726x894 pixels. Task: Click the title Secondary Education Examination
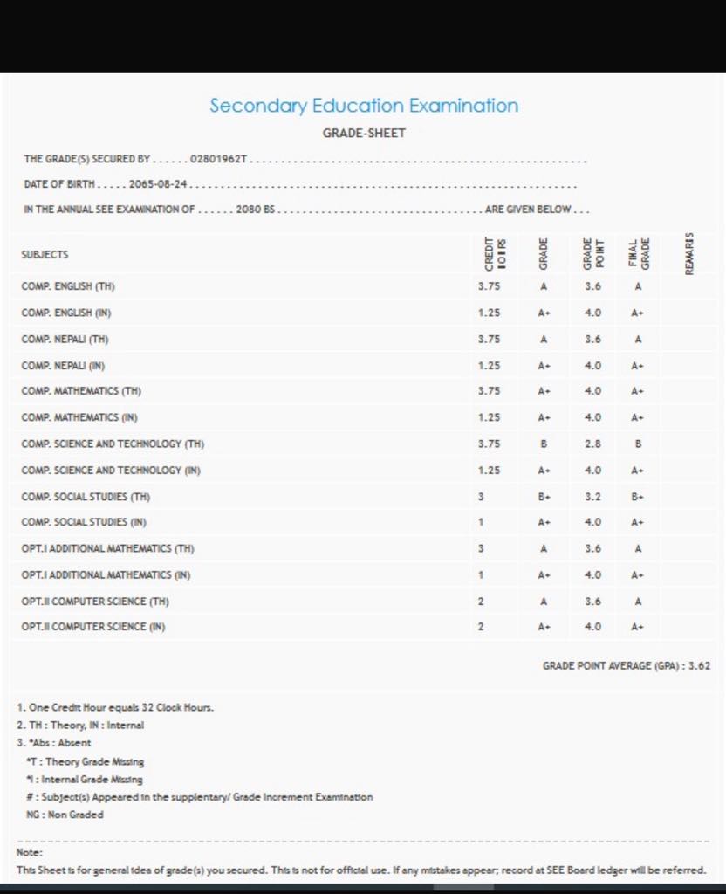click(364, 106)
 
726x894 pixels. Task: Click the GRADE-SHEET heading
click(364, 134)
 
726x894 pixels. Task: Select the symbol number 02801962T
click(225, 160)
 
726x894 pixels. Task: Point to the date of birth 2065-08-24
click(159, 184)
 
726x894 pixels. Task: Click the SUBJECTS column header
click(45, 255)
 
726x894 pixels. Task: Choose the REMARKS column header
click(689, 254)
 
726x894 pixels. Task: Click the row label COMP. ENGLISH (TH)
click(68, 286)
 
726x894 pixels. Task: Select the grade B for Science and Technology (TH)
click(543, 444)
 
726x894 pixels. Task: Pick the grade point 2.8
click(592, 444)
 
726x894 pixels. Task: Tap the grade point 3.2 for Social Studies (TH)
click(592, 496)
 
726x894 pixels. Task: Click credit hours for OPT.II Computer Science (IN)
click(481, 627)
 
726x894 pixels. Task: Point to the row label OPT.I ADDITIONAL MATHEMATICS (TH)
click(107, 548)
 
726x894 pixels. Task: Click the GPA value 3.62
click(699, 665)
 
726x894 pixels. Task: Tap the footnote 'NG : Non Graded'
click(65, 814)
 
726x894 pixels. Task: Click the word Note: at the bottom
click(30, 852)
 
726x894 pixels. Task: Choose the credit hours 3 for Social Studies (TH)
click(481, 496)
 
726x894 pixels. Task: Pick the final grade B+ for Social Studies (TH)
click(639, 496)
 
